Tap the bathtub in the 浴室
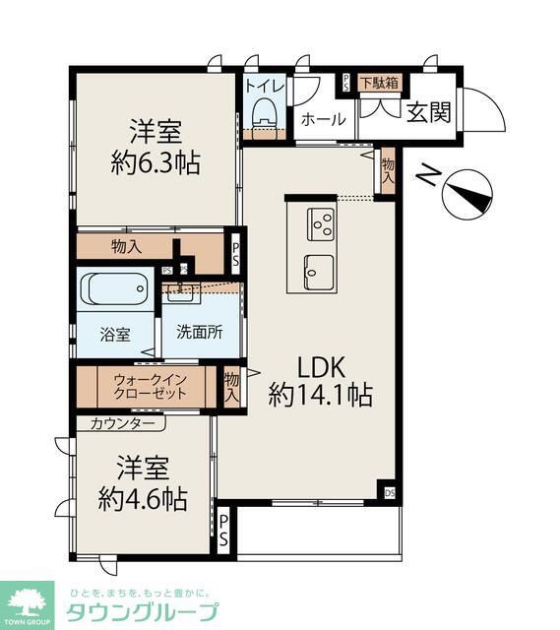116,290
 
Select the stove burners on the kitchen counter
322,225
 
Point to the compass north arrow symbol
466,193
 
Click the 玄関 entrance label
428,112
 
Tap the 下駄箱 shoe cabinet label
379,83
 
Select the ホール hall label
322,119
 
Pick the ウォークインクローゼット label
150,386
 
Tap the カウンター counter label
121,423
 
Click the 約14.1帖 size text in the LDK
321,396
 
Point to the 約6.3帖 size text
155,162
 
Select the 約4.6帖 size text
143,498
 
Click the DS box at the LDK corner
390,492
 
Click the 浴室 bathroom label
113,334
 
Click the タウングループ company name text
142,612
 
